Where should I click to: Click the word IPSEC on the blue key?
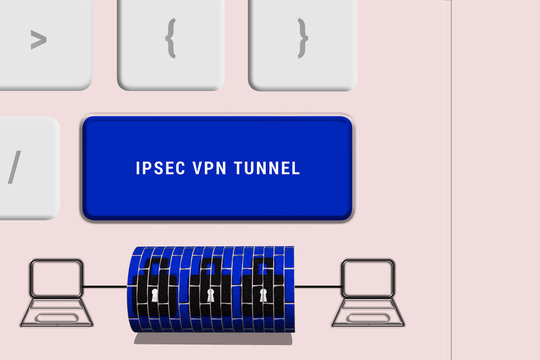coord(159,169)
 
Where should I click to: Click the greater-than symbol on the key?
coord(38,40)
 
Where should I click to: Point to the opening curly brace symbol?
coord(170,39)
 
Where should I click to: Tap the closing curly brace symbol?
coord(302,39)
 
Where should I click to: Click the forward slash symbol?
coord(14,166)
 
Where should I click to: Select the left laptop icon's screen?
coord(56,278)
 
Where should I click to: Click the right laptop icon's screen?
coord(368,277)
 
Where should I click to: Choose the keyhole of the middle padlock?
coord(211,296)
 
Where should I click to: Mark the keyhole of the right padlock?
coord(263,296)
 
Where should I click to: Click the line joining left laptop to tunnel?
coord(105,291)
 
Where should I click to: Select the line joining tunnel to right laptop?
coord(318,291)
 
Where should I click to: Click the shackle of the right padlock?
coord(262,269)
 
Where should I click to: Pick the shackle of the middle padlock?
coord(211,269)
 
